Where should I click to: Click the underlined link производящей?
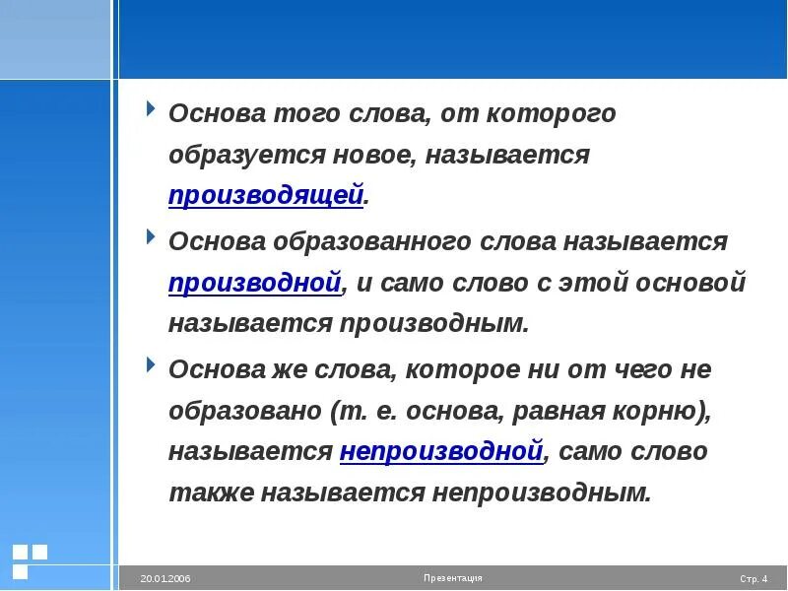pos(266,196)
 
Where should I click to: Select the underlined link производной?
pos(255,283)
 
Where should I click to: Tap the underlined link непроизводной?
pos(441,452)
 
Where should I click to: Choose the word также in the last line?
pos(211,492)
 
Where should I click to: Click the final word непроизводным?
pos(541,492)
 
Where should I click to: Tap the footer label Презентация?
pos(453,578)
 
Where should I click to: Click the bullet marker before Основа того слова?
pos(150,108)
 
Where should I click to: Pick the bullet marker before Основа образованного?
pos(150,236)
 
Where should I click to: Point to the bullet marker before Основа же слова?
pos(150,364)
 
